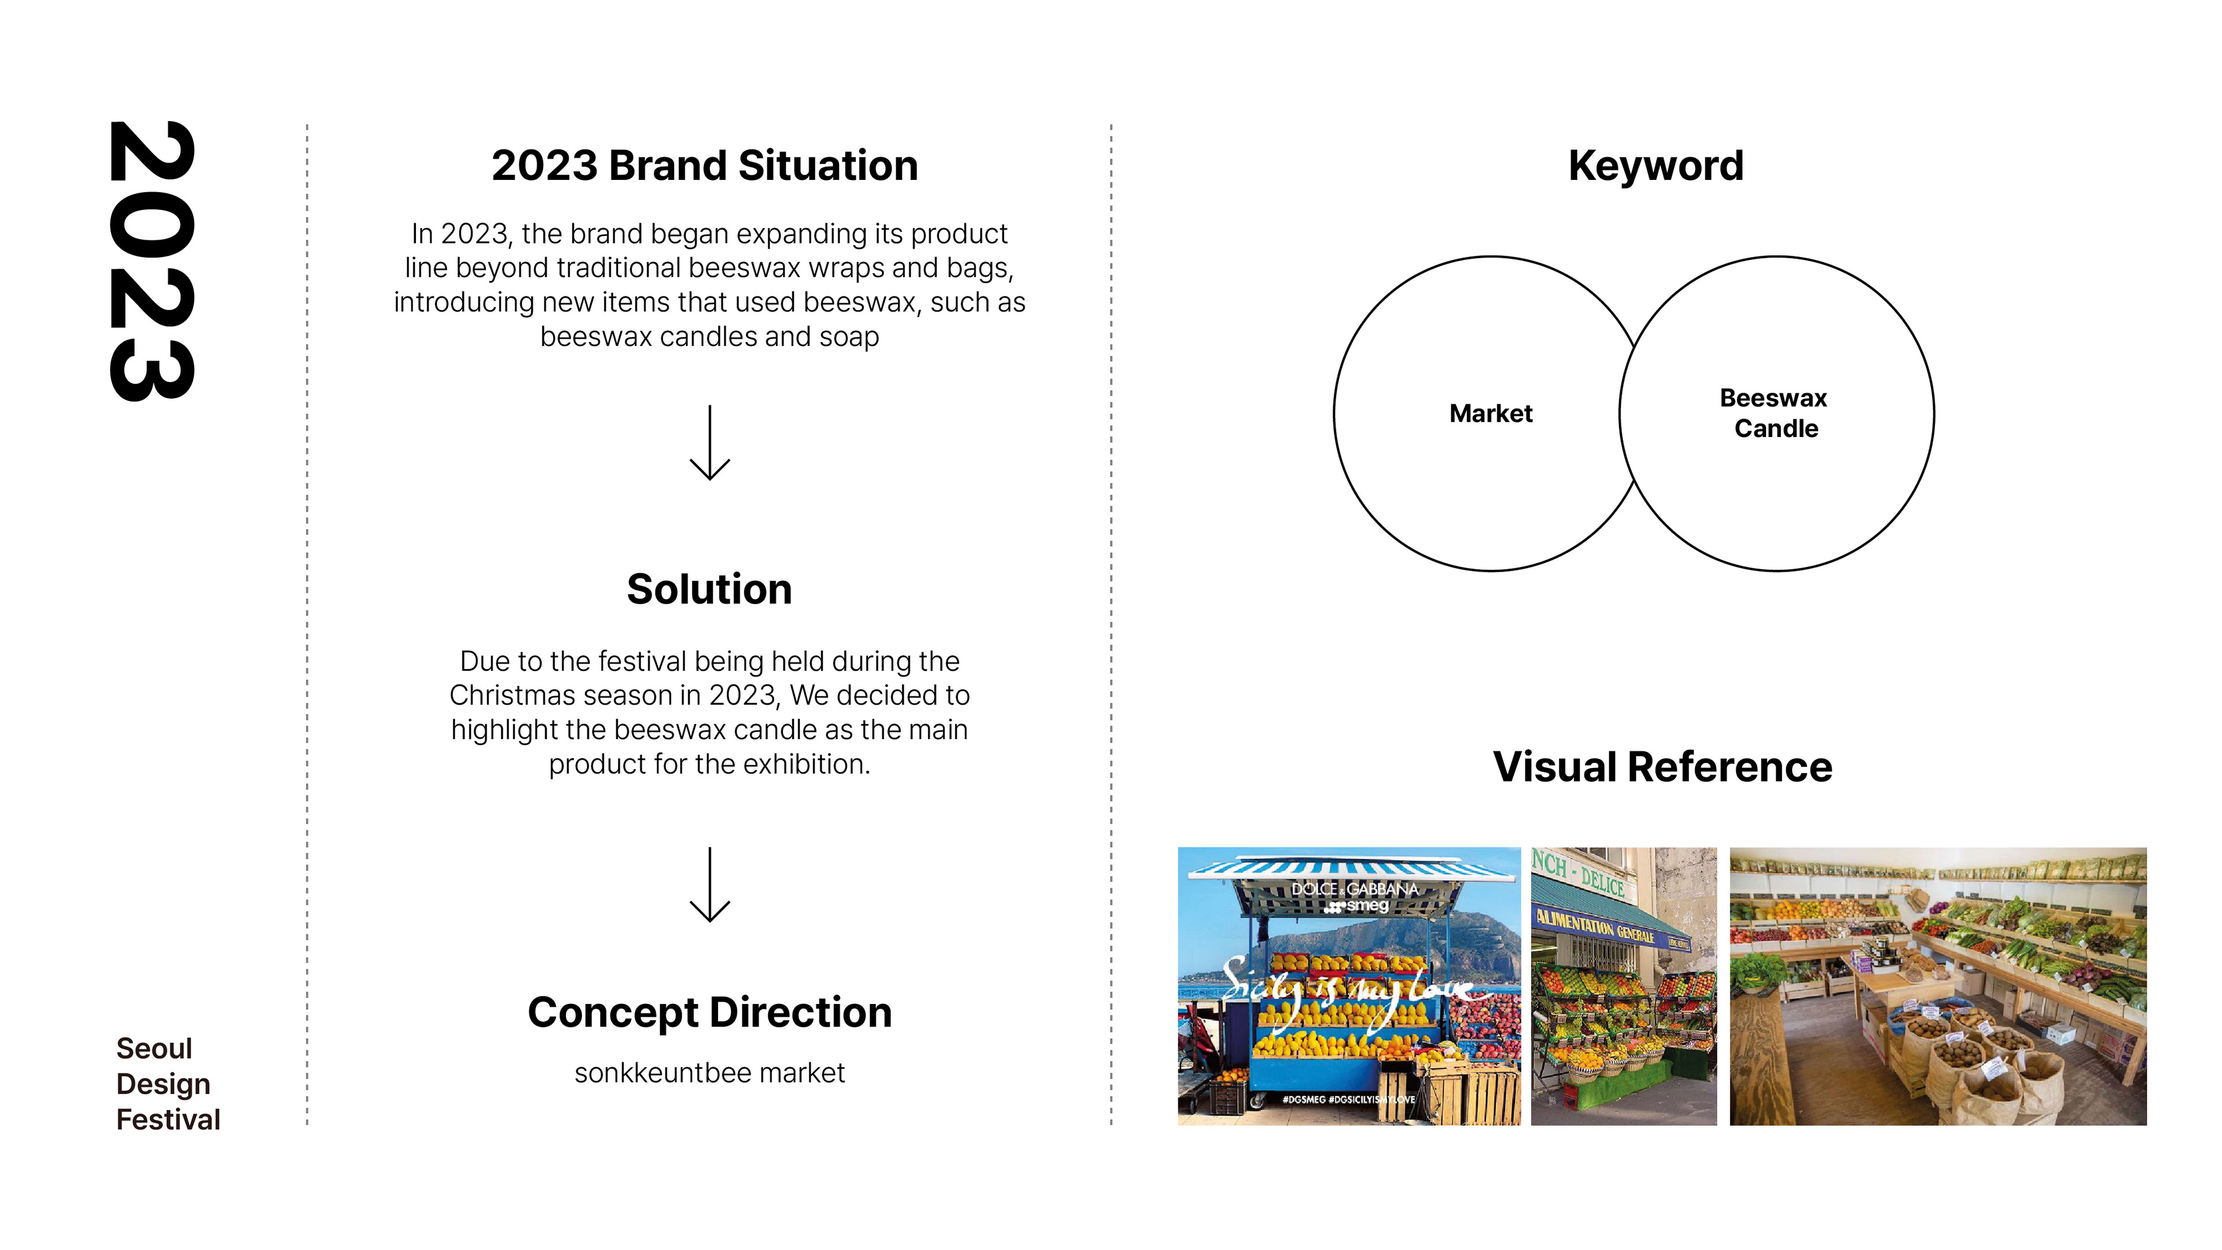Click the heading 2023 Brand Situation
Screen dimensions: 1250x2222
point(705,165)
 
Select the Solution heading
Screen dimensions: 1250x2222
point(709,589)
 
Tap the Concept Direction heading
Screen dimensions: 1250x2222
point(709,1012)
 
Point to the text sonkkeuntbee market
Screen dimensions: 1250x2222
point(709,1072)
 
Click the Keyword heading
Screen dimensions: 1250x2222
point(1656,165)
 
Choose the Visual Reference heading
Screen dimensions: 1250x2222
point(1662,766)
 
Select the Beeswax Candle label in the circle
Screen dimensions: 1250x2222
point(1774,413)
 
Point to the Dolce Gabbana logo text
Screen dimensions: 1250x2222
point(1354,888)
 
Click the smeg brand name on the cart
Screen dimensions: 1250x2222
point(1367,906)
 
